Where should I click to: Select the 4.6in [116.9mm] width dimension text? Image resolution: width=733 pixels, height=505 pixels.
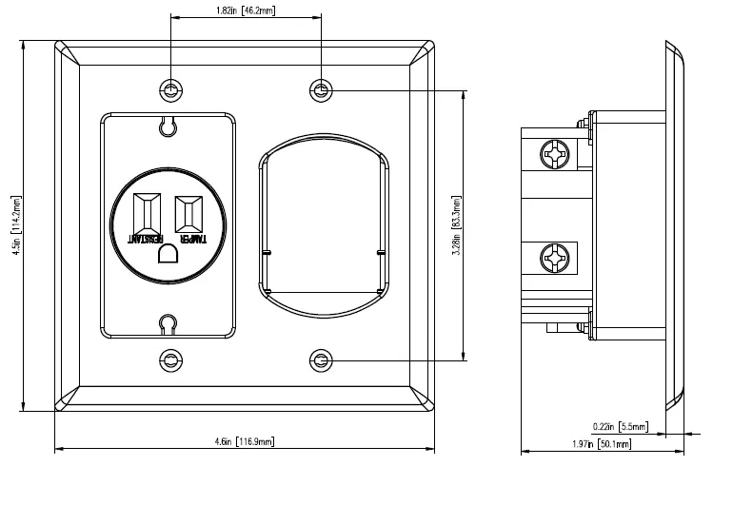click(245, 441)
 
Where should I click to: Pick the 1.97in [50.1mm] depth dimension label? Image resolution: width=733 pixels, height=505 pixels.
click(608, 443)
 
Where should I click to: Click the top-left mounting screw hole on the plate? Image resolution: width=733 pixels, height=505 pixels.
click(170, 90)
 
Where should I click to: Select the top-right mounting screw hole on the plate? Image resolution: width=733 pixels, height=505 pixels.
click(321, 90)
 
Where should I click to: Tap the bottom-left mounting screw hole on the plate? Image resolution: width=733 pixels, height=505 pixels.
click(170, 360)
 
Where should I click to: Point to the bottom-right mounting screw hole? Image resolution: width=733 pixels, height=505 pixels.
click(321, 360)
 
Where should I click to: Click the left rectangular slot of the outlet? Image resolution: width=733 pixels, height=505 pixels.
click(149, 215)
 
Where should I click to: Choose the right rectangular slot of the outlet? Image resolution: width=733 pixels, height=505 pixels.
click(188, 215)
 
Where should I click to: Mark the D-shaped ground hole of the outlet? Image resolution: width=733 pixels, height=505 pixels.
click(168, 253)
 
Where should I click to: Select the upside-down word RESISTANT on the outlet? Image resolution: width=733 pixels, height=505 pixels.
click(147, 239)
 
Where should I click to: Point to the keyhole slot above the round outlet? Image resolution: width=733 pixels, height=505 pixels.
click(168, 126)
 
